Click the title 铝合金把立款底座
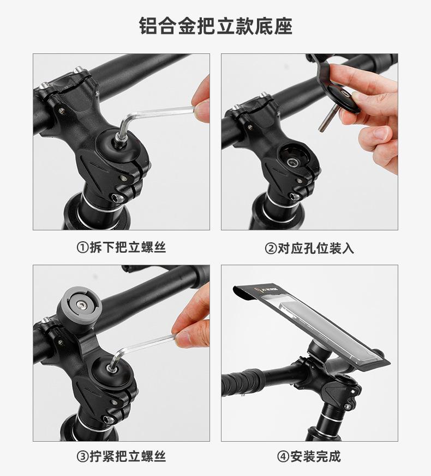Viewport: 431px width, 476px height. pyautogui.click(x=215, y=26)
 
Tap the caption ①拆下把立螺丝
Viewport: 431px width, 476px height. pyautogui.click(x=121, y=247)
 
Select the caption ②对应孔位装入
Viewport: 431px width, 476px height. pyautogui.click(x=309, y=248)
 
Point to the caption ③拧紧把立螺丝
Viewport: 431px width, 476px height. pyautogui.click(x=121, y=456)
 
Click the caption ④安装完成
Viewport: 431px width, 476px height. pyautogui.click(x=309, y=456)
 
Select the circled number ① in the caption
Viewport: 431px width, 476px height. pyautogui.click(x=82, y=248)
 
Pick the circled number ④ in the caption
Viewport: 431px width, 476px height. pyautogui.click(x=283, y=456)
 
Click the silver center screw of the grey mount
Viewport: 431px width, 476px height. pyautogui.click(x=81, y=305)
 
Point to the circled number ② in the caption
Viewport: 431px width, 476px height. pyautogui.click(x=271, y=249)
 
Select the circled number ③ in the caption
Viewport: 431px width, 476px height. pyautogui.click(x=82, y=456)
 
